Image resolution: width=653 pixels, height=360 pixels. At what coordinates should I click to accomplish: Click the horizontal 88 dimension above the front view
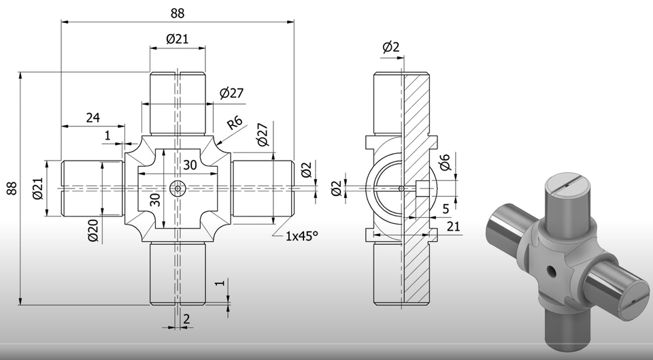point(178,13)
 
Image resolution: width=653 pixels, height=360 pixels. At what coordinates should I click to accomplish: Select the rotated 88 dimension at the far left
point(12,189)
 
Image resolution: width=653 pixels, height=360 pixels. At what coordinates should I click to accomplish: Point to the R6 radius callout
point(235,123)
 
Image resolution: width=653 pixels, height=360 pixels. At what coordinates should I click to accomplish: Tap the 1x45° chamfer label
point(302,235)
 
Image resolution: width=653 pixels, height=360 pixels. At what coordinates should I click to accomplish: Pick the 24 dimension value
point(93,117)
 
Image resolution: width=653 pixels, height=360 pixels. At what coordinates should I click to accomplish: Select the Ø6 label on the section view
point(444,163)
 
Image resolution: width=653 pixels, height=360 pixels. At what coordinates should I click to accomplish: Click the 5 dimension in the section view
point(446,208)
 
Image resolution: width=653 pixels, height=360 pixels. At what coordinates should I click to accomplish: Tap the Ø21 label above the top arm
point(178,39)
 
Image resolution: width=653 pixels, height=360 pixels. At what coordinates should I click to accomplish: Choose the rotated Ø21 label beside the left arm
point(38,189)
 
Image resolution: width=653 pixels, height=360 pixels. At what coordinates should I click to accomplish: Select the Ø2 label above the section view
point(391,47)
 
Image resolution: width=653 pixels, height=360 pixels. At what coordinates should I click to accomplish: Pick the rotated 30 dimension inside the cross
point(155,199)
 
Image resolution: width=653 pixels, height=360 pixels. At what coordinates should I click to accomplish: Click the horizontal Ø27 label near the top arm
point(231,93)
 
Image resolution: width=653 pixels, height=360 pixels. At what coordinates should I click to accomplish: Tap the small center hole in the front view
point(178,189)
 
